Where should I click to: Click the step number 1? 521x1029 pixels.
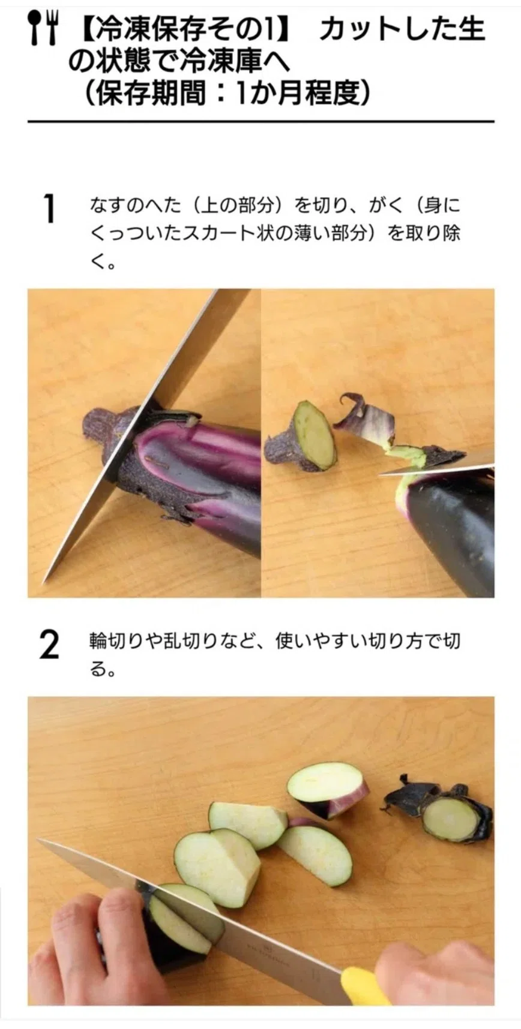(x=50, y=209)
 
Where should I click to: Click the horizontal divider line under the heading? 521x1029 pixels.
(x=261, y=122)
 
